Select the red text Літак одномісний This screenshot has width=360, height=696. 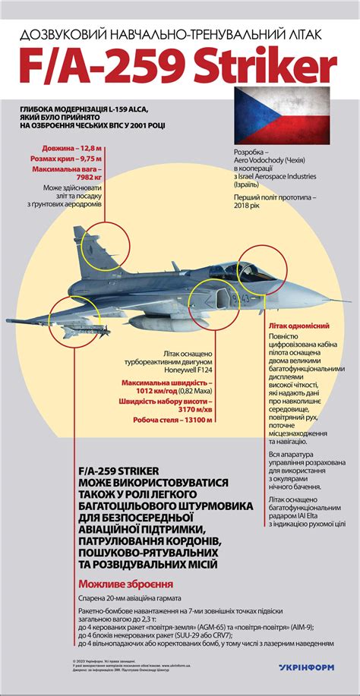296,324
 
